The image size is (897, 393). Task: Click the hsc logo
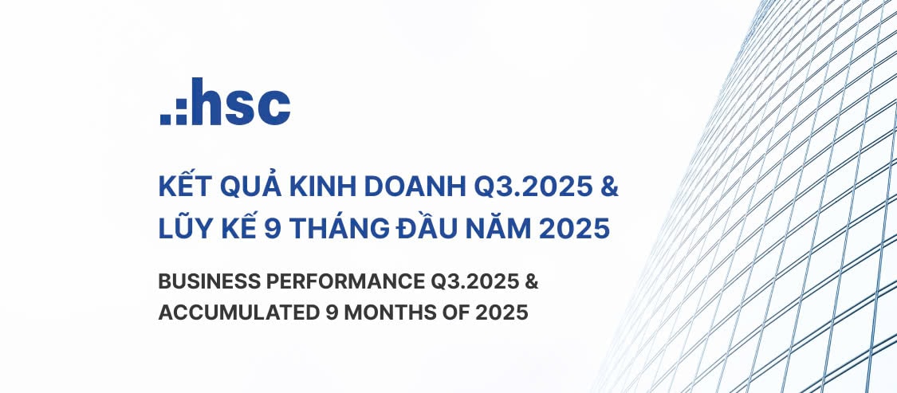(x=225, y=102)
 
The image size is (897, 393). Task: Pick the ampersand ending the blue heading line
(x=608, y=189)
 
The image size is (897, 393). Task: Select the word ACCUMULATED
(x=236, y=312)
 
